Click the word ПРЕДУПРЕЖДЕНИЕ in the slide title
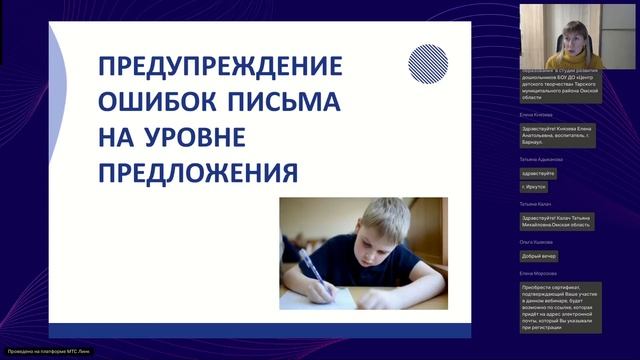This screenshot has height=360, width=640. tap(219, 68)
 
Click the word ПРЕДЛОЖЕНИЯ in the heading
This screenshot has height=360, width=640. tap(198, 173)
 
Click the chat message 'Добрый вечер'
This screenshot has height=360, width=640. tap(539, 255)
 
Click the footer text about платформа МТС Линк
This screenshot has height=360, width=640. tap(40, 352)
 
